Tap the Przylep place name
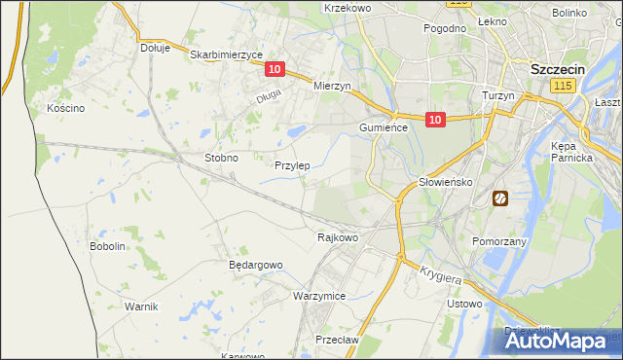292,165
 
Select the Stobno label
221,158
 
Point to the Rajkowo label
339,236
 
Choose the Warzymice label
319,295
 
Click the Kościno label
66,108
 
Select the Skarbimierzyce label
227,55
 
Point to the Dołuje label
155,47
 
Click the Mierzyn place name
332,86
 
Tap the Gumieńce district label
383,127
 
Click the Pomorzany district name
498,240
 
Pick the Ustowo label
464,304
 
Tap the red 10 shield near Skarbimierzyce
275,69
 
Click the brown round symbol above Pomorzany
499,198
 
